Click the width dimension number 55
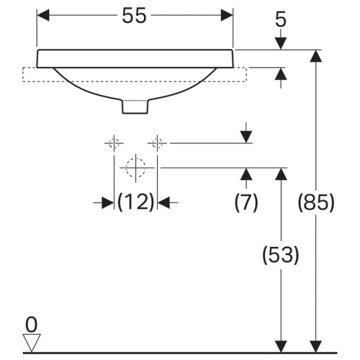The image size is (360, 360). pos(135,16)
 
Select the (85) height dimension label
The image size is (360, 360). pos(316,204)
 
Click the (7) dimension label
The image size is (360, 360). pos(246,204)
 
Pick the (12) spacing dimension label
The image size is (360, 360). pos(136,203)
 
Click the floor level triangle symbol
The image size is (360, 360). pos(30,341)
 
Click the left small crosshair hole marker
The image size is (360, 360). pos(114,143)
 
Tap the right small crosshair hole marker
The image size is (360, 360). pos(158,143)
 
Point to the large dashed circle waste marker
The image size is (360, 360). pos(135,168)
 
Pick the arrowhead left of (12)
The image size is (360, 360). pos(108,203)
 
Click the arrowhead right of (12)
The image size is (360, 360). pos(165,203)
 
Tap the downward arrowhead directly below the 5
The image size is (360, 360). pos(281,42)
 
